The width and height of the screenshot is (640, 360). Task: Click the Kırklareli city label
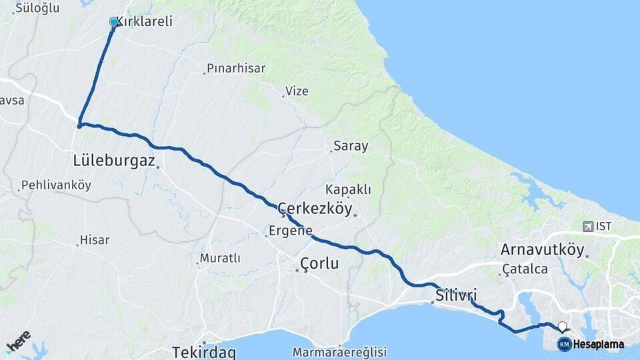click(145, 21)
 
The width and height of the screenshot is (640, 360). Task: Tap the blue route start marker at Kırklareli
click(113, 22)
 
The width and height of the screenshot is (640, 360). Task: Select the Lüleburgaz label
click(113, 161)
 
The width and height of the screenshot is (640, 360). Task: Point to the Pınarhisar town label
click(236, 68)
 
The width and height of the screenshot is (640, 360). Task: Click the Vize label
click(297, 91)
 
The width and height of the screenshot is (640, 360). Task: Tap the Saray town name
click(351, 146)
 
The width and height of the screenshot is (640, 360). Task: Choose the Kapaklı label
click(348, 189)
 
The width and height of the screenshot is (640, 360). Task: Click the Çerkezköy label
click(315, 209)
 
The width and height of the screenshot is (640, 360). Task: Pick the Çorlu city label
click(319, 263)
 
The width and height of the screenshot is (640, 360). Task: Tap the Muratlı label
click(220, 258)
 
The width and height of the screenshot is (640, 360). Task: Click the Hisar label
click(95, 240)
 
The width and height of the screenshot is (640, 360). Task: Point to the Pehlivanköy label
click(56, 185)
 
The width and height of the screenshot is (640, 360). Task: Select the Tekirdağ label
click(203, 351)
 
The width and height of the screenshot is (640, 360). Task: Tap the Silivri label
click(457, 295)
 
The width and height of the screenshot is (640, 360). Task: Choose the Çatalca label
click(525, 269)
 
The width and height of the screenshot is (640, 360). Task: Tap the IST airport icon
click(587, 227)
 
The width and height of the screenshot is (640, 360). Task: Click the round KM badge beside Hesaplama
click(564, 344)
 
